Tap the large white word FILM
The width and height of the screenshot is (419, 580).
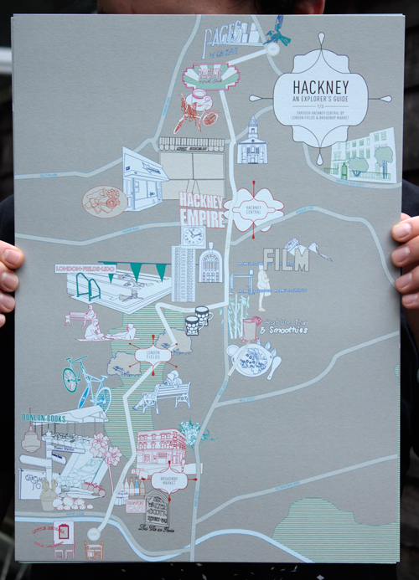pos(286,260)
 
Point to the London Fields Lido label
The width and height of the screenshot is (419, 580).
pos(83,268)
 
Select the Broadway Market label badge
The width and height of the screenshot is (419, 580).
pos(169,479)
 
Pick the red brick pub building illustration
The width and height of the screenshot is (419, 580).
pos(160,450)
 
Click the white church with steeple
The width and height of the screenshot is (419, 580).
pos(252,142)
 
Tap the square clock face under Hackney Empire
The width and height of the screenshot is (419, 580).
pos(193,237)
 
